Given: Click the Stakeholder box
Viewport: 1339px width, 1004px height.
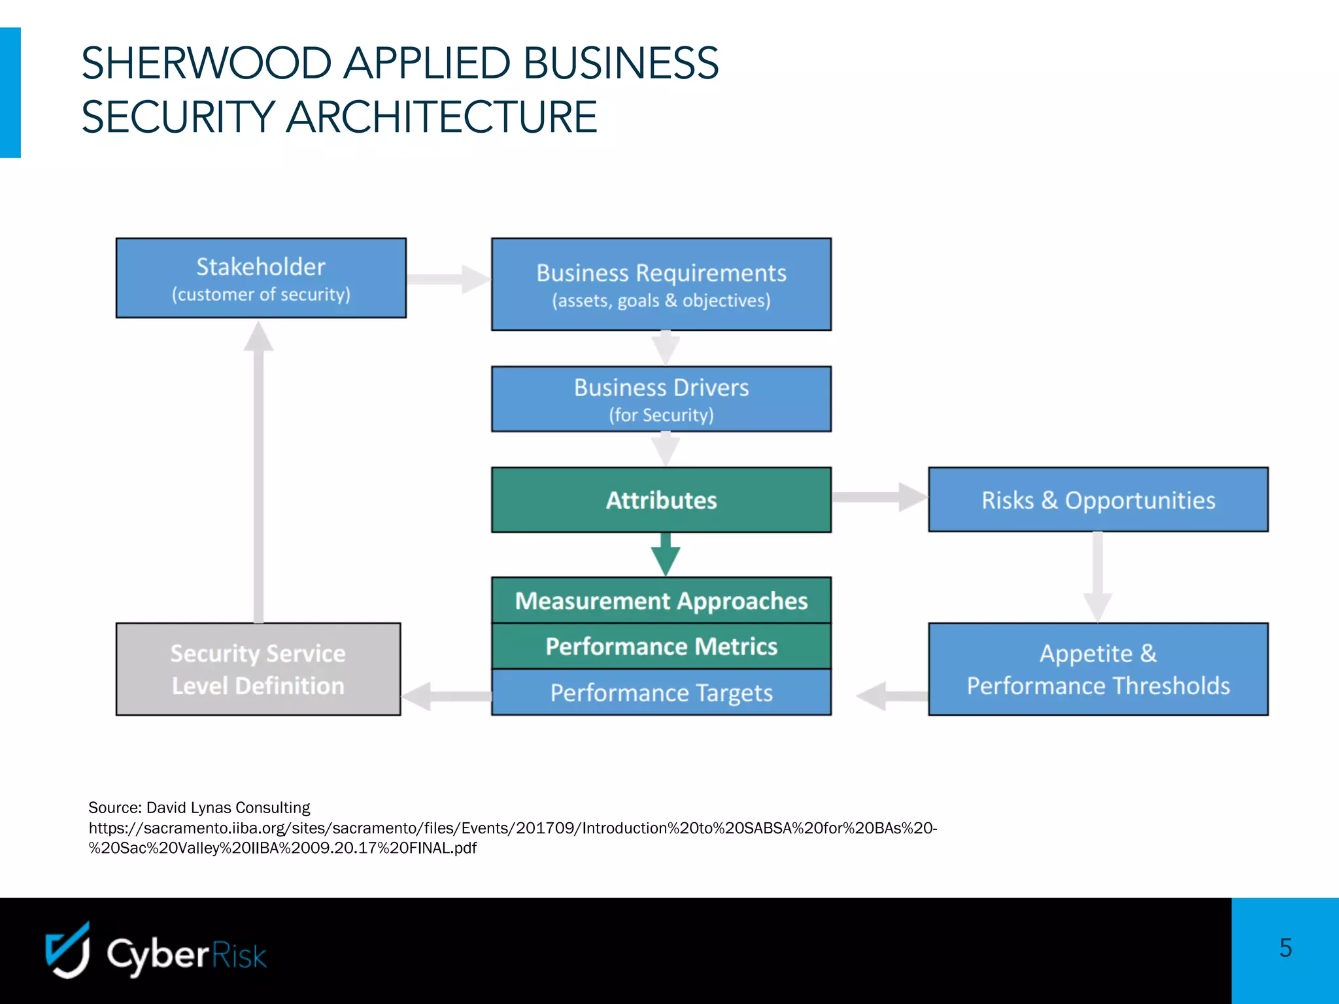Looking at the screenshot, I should click(x=261, y=278).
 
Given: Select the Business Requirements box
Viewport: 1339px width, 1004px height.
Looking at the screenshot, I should click(x=661, y=284).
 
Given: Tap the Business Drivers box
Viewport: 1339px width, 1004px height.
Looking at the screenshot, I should click(x=661, y=399).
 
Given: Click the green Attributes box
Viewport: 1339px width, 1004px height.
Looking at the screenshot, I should click(x=661, y=500).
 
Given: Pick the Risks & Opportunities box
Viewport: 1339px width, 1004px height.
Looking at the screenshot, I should click(x=1098, y=500).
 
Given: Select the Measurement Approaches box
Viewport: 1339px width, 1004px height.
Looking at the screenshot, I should click(x=661, y=600).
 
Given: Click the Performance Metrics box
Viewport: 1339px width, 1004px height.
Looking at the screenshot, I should click(x=661, y=646).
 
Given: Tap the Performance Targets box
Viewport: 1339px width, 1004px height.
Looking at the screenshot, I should click(x=661, y=692).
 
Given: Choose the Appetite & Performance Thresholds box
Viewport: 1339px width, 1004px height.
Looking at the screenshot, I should click(x=1098, y=669).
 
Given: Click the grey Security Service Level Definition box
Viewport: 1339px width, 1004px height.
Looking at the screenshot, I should click(x=258, y=669).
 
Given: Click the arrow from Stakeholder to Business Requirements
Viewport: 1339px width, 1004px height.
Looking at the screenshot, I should click(x=449, y=279).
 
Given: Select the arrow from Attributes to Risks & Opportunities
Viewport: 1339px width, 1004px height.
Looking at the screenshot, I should click(x=879, y=497).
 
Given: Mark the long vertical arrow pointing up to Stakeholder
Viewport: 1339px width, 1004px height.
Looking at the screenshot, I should click(x=259, y=471).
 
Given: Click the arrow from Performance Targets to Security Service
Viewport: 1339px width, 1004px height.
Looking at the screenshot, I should click(x=447, y=696).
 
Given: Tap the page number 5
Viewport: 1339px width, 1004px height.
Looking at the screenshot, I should click(x=1285, y=948).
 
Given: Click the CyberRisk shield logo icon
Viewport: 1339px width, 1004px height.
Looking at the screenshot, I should click(x=67, y=951).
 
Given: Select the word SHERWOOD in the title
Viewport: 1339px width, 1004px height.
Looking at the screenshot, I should click(x=206, y=63).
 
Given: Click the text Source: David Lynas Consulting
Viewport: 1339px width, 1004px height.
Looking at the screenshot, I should click(x=199, y=807).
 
